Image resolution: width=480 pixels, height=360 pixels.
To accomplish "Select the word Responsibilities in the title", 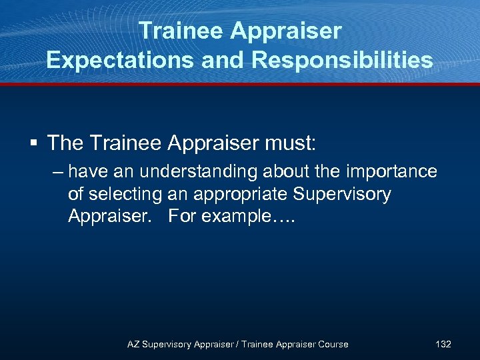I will coord(342,60).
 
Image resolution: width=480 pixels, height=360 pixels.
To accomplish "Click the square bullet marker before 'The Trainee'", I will coord(33,143).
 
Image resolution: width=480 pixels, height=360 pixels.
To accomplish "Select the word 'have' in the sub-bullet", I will coord(89,172).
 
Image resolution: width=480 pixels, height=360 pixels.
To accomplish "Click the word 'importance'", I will coord(390,172).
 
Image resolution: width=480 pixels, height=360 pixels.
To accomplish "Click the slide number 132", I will coord(443,344).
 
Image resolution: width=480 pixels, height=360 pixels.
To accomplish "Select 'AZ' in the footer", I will coord(133,344).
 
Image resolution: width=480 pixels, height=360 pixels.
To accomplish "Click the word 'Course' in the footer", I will coord(332,344).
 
